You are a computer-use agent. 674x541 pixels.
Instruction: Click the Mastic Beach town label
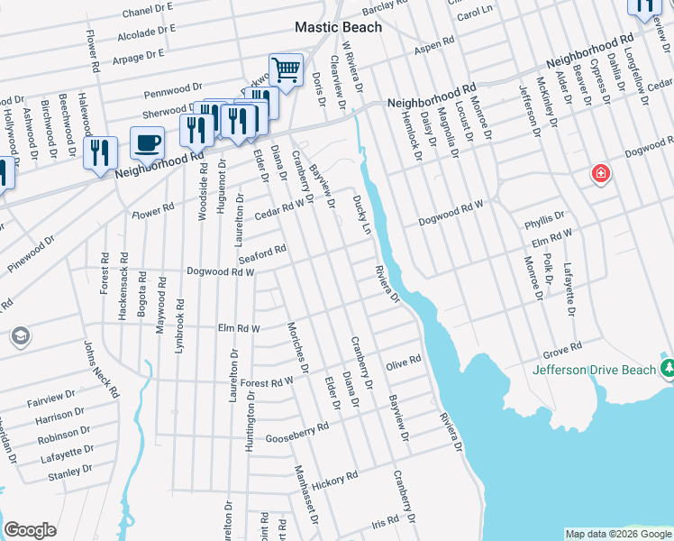(x=339, y=27)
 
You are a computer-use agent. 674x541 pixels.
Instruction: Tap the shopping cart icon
(x=286, y=69)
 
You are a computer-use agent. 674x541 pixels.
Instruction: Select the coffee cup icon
(x=147, y=142)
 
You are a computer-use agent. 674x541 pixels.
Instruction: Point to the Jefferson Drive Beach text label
(x=594, y=370)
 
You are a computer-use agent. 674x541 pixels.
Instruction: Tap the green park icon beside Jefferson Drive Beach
(x=668, y=368)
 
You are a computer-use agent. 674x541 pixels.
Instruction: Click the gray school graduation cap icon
(x=19, y=336)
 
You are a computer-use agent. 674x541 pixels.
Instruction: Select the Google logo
(x=30, y=530)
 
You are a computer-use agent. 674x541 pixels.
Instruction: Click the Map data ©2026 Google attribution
(x=618, y=534)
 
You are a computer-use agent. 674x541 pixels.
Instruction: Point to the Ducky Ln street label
(x=361, y=215)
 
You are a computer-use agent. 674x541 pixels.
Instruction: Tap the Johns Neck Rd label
(x=101, y=369)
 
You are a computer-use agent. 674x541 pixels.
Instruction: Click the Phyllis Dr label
(x=545, y=216)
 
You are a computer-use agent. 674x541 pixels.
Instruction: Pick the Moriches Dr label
(x=298, y=346)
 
